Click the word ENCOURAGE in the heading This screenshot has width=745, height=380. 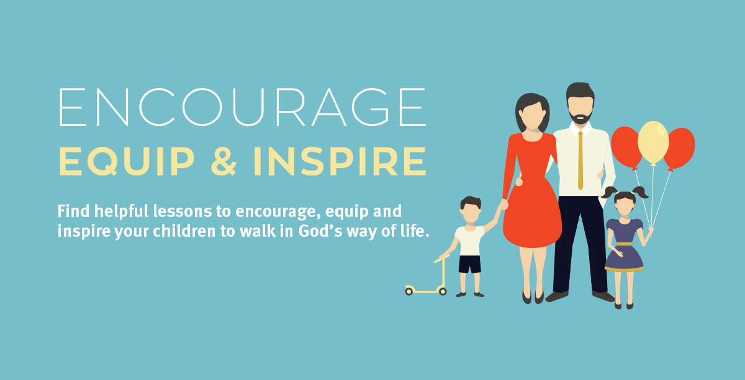point(242,108)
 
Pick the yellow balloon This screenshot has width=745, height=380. point(653,142)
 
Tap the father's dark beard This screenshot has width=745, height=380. point(580,117)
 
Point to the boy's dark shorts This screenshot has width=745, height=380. point(470,264)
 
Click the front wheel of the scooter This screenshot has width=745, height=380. point(443,290)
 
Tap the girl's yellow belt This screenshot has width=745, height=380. point(624,244)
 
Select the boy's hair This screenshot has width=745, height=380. point(471,201)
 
